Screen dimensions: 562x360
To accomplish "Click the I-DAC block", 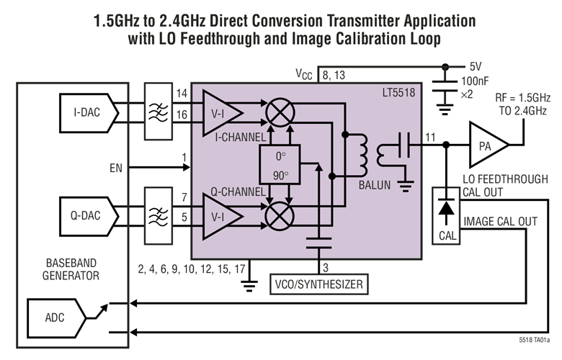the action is coord(89,113).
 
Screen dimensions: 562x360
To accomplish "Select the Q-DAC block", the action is coord(89,216).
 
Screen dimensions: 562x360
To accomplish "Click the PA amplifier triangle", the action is coord(488,145).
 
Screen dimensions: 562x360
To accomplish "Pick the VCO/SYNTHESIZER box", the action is coord(318,284).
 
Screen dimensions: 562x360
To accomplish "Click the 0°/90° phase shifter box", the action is coord(280,165).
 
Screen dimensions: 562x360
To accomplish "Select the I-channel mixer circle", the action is coord(280,112).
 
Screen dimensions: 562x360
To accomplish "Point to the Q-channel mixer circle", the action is coord(280,216).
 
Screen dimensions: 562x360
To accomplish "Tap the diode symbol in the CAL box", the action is coord(446,207).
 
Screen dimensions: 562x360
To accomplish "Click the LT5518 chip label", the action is coord(398,93).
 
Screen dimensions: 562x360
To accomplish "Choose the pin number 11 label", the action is coord(430,138).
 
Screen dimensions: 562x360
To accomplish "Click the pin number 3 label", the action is coord(326,268).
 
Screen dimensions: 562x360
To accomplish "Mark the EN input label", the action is coord(116,168).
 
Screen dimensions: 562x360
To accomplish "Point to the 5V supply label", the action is coord(476,66).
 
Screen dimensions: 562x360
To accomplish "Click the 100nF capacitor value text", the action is coord(475,81).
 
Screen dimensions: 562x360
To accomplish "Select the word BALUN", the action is coord(375,185).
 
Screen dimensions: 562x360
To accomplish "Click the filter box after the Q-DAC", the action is coord(158,216).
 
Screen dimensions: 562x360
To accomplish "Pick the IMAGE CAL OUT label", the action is coord(500,222).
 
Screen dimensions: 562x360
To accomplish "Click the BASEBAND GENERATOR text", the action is coord(71,269).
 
